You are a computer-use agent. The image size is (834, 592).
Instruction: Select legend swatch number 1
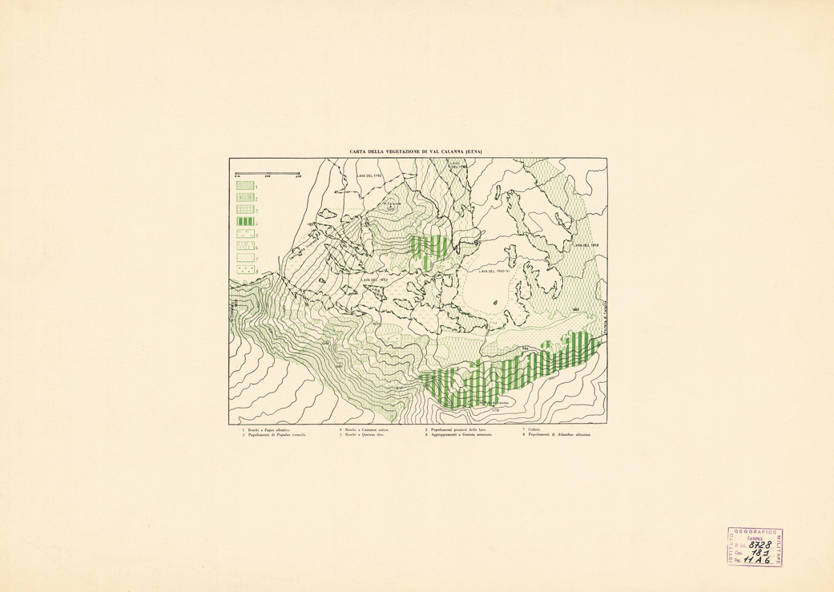(x=244, y=185)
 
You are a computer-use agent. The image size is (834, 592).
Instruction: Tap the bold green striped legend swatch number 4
(x=244, y=222)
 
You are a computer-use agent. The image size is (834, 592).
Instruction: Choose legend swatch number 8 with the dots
(x=244, y=271)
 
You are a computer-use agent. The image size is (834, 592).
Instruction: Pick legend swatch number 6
(x=244, y=247)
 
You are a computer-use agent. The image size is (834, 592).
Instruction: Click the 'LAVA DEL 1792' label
(x=369, y=175)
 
